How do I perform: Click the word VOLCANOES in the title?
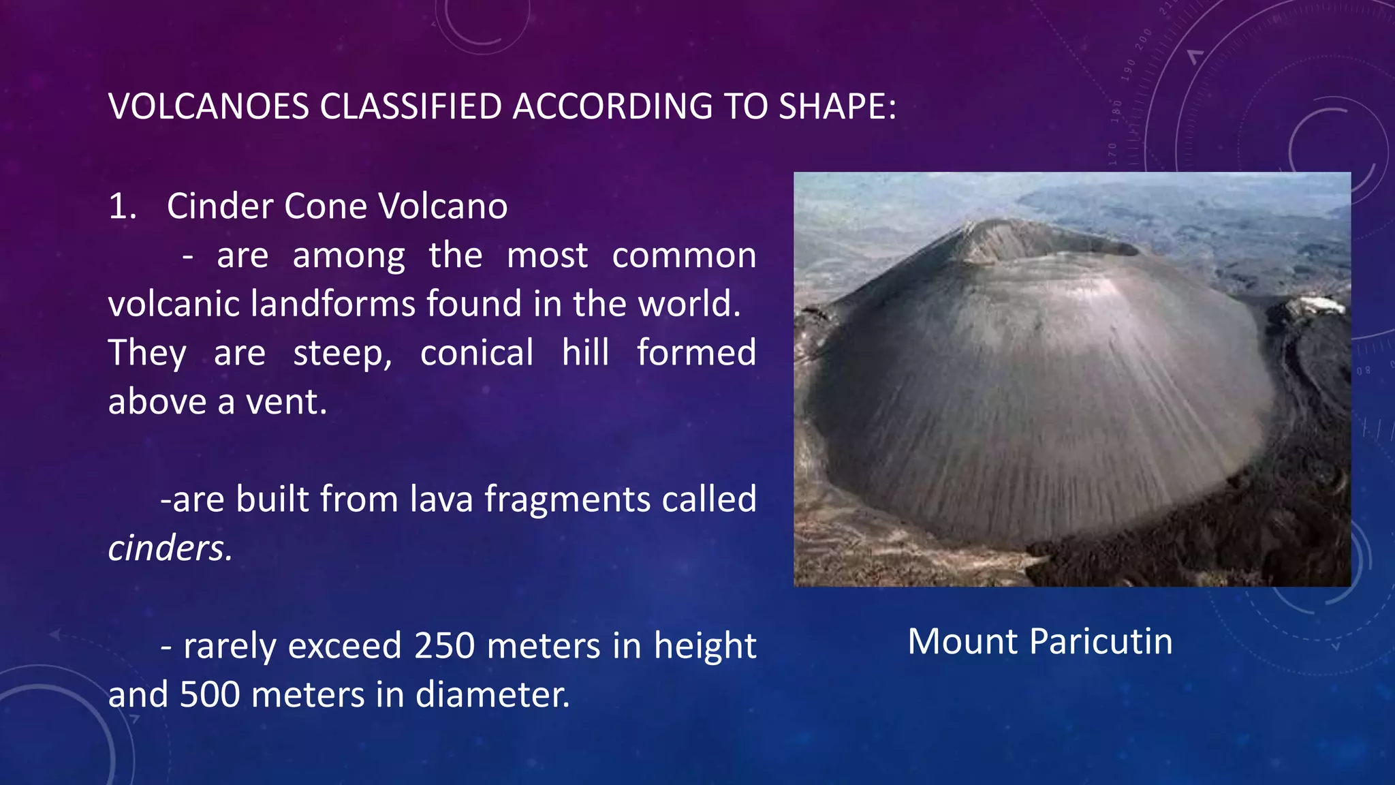208,107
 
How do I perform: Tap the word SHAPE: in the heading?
837,107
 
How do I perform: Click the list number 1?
123,206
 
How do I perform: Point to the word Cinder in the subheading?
220,206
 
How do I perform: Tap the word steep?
343,353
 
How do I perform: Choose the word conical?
477,353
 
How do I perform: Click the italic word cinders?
170,549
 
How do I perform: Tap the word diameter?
492,695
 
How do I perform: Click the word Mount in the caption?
963,642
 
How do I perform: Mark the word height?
705,647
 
